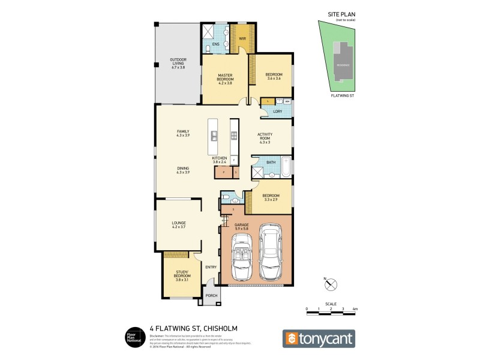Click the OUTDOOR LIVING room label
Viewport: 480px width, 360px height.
click(178, 64)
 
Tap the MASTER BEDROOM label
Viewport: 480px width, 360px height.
click(225, 76)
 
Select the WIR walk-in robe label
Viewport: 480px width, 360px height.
click(242, 38)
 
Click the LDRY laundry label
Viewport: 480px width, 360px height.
click(277, 112)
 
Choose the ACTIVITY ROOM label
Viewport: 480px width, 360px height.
click(265, 138)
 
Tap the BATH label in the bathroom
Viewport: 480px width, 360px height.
click(271, 162)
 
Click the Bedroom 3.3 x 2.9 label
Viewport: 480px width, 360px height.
click(271, 197)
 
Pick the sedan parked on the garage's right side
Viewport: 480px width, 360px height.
click(271, 251)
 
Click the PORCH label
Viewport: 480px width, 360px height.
click(211, 296)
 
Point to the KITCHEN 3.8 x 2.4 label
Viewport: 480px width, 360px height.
click(220, 160)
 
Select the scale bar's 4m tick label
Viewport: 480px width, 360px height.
click(355, 308)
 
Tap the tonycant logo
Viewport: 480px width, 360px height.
click(319, 338)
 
